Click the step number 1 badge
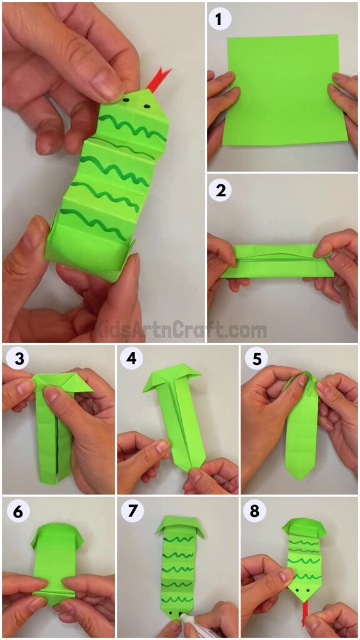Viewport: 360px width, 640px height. (219, 19)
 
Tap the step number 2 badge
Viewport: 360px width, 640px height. (219, 190)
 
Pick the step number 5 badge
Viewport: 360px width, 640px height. (254, 360)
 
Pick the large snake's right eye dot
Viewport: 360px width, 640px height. (147, 106)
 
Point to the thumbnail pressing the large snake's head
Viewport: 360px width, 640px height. (110, 87)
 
